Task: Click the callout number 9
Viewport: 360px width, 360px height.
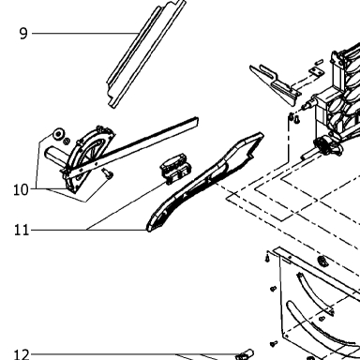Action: click(x=23, y=34)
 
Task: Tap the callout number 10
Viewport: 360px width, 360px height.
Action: click(x=21, y=189)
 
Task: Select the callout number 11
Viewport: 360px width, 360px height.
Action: click(x=22, y=231)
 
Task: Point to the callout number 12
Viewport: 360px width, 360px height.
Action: click(x=22, y=354)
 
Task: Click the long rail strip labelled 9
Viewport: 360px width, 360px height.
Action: click(x=146, y=53)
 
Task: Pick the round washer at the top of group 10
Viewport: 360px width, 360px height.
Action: click(x=58, y=134)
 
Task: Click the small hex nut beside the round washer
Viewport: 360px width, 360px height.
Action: click(x=66, y=142)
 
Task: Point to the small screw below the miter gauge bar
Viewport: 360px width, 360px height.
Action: click(x=108, y=173)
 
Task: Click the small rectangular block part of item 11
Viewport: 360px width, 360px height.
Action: click(x=175, y=168)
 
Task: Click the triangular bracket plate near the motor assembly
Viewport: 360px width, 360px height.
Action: click(x=275, y=84)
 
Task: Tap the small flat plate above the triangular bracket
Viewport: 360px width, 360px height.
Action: click(x=316, y=71)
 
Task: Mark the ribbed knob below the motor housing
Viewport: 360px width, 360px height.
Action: click(x=325, y=146)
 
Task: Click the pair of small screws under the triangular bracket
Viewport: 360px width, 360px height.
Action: click(x=294, y=118)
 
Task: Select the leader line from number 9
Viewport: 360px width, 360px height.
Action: click(x=84, y=33)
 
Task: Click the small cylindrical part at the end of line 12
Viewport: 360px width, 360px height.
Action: click(x=245, y=354)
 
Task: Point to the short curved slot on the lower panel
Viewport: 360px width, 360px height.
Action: click(x=314, y=293)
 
